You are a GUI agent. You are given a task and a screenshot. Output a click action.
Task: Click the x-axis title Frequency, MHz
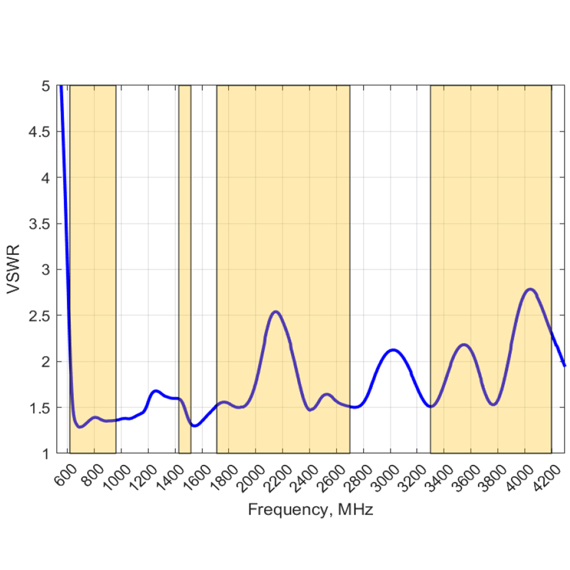310,510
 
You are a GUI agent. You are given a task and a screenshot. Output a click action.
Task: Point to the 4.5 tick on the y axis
40,132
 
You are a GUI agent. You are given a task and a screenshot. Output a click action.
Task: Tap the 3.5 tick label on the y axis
40,224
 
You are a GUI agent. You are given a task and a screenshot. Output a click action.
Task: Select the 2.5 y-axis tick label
40,316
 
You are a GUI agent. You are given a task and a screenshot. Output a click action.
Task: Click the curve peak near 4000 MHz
530,289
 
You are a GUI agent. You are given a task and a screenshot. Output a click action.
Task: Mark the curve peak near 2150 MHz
276,311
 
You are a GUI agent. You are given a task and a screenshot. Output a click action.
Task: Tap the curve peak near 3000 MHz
393,350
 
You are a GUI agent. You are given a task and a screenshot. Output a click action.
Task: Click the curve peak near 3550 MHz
464,345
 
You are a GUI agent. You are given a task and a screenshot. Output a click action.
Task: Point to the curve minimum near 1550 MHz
194,426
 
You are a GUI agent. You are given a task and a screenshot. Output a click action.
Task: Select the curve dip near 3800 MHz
494,405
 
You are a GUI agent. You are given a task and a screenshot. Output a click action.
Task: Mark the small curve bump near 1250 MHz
155,391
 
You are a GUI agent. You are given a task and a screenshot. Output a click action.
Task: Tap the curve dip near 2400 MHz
310,410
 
